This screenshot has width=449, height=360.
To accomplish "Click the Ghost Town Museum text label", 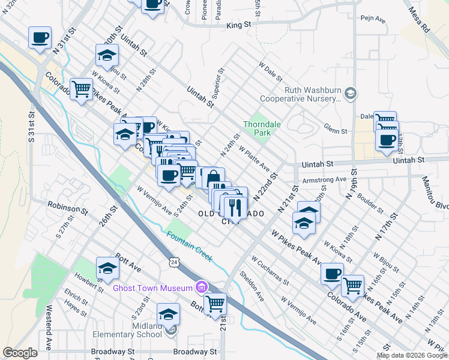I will click(x=152, y=288).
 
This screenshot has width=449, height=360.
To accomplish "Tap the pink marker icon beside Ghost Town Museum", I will click(x=201, y=288).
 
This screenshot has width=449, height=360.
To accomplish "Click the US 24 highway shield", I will click(x=174, y=262).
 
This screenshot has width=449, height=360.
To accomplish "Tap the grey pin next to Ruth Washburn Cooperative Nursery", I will click(x=351, y=92).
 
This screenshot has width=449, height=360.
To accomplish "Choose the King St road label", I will click(x=238, y=26).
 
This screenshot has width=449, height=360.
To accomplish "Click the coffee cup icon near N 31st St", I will click(x=40, y=38).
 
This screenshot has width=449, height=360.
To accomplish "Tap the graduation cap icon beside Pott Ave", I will click(x=107, y=268).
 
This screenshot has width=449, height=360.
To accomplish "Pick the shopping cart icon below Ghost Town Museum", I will click(x=214, y=303).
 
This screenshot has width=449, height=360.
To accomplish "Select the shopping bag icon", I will click(x=213, y=178).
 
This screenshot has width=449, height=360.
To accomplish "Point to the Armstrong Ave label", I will click(x=325, y=179).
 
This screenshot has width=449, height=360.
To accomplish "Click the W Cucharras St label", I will click(x=271, y=273).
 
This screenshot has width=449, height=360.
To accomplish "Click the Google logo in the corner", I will click(x=20, y=353).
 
